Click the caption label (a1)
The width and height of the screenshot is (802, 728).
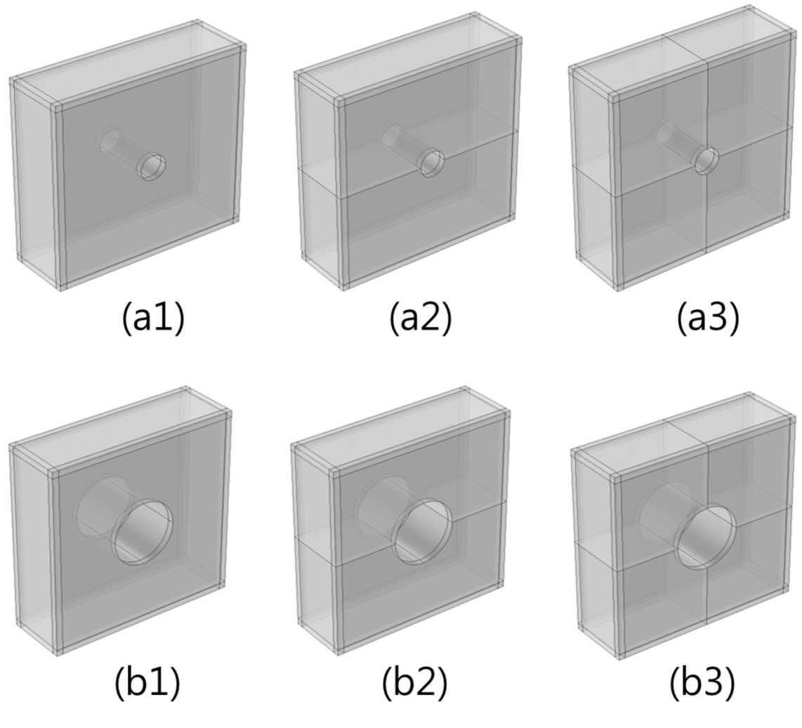153,319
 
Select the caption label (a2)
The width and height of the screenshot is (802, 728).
421,319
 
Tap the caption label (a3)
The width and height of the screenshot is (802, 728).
709,319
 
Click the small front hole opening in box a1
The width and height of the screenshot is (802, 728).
153,167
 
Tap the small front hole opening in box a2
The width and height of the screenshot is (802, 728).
430,163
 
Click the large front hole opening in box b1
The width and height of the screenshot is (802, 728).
143,531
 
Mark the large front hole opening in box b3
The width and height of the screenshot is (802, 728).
705,537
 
